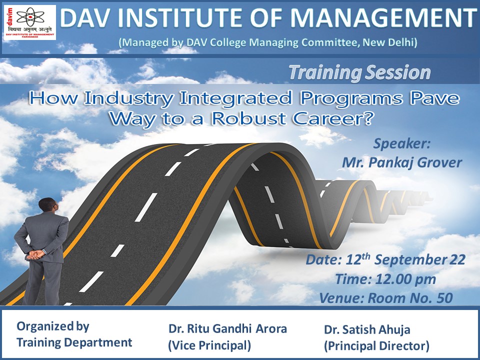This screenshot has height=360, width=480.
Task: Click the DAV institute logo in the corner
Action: pyautogui.click(x=30, y=22)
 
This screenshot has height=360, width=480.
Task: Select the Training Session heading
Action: pyautogui.click(x=360, y=72)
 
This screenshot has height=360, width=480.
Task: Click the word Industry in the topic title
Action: pyautogui.click(x=128, y=98)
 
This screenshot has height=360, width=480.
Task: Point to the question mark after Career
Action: pyautogui.click(x=367, y=118)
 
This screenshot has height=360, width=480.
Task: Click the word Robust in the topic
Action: pyautogui.click(x=249, y=118)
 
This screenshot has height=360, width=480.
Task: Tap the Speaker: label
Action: pyautogui.click(x=401, y=143)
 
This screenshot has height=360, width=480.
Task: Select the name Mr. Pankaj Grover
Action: pyautogui.click(x=401, y=162)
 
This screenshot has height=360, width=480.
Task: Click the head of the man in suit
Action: pyautogui.click(x=48, y=205)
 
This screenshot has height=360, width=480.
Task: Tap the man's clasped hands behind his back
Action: pyautogui.click(x=35, y=254)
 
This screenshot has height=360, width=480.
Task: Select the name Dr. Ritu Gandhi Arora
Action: pyautogui.click(x=227, y=329)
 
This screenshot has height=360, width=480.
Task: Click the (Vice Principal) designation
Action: pyautogui.click(x=209, y=345)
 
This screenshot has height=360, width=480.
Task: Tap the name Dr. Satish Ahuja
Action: pyautogui.click(x=367, y=329)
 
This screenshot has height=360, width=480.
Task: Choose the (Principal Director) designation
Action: pyautogui.click(x=376, y=346)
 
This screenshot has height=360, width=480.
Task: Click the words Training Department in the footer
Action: pyautogui.click(x=74, y=342)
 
